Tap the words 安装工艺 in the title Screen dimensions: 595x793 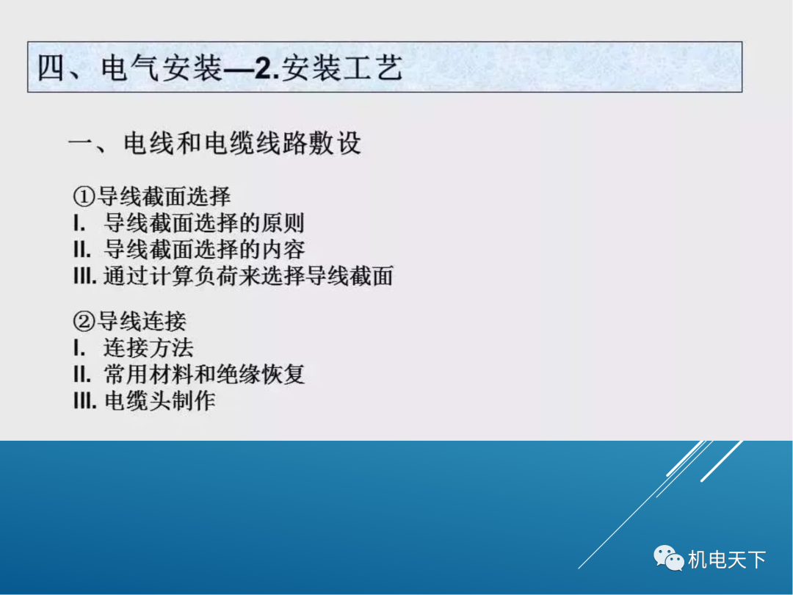[x=343, y=69]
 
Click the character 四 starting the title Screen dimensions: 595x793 [x=54, y=69]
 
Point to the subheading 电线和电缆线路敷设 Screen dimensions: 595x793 [x=242, y=143]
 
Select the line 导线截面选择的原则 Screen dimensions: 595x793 [x=204, y=223]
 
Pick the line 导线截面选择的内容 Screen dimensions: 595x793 [x=204, y=249]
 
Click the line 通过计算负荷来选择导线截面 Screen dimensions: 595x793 [x=248, y=275]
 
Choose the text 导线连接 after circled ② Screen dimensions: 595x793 [x=142, y=322]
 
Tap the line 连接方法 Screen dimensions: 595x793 [x=148, y=348]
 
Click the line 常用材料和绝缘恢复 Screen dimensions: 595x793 [x=204, y=375]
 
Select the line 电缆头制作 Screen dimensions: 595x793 [x=160, y=401]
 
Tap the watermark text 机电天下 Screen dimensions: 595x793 [x=727, y=560]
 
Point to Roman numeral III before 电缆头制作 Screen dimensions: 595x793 [x=85, y=401]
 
